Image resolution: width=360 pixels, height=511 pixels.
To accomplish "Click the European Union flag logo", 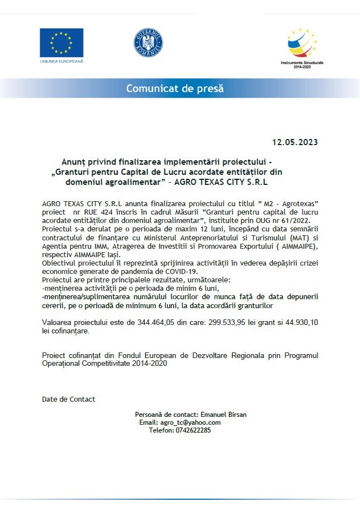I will click(61, 43).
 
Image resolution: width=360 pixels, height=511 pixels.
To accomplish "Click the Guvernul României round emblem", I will click(148, 42).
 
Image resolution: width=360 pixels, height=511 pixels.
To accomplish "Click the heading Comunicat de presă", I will click(174, 89).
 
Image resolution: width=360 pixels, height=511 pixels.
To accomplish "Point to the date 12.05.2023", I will click(295, 142).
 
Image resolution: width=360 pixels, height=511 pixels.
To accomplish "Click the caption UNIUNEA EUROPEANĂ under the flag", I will click(61, 61).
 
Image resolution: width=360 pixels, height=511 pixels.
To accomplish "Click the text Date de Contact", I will click(68, 399).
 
